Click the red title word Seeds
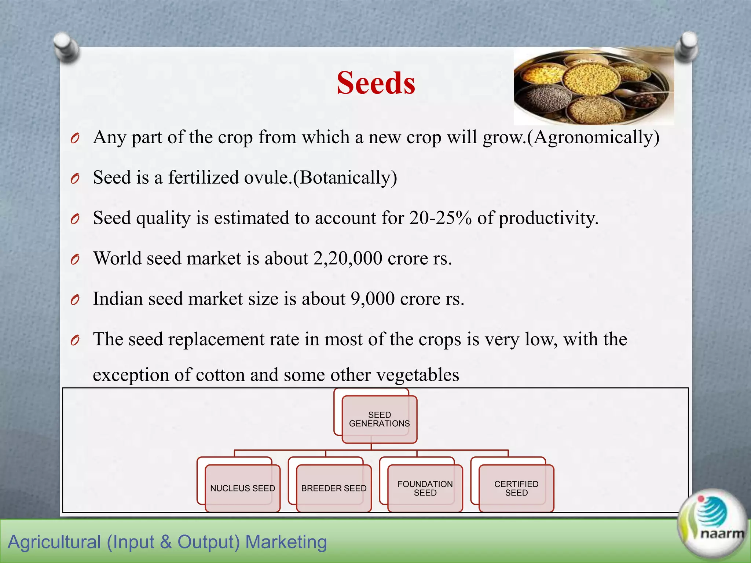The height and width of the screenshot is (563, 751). click(x=376, y=83)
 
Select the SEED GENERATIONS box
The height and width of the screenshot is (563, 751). click(x=379, y=419)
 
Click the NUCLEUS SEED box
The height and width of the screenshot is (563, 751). click(x=242, y=488)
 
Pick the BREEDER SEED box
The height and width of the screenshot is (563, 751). click(x=334, y=488)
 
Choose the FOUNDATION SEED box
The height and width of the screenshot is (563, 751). click(x=425, y=488)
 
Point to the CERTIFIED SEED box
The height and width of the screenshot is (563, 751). click(x=516, y=488)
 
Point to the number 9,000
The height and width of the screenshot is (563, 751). click(x=373, y=299)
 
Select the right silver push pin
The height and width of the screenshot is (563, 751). click(x=686, y=46)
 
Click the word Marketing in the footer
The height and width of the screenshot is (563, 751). click(x=286, y=542)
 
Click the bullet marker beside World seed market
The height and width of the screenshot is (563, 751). click(x=75, y=260)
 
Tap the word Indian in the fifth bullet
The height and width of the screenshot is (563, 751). click(x=118, y=299)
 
